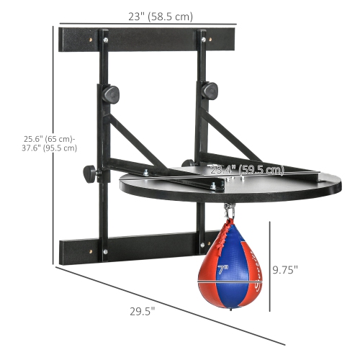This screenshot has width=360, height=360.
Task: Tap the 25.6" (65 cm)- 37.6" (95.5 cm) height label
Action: (50, 143)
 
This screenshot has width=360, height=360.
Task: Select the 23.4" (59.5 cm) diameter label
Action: (246, 171)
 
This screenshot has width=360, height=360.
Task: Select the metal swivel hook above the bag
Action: (230, 211)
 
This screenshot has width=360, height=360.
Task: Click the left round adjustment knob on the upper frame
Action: (112, 94)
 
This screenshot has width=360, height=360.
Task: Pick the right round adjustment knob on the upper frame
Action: (210, 90)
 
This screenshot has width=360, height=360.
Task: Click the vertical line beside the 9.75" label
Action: (270, 266)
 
